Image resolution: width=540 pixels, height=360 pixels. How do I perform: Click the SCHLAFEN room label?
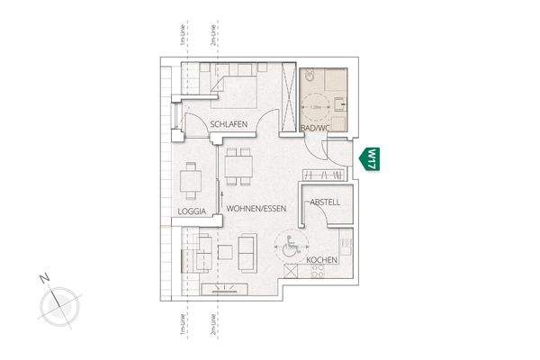(x=229, y=125)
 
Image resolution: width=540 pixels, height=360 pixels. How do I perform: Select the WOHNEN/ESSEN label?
(x=256, y=209)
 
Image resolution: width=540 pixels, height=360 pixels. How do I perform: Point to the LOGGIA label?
(x=193, y=212)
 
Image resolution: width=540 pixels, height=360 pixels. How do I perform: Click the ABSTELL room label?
(x=325, y=202)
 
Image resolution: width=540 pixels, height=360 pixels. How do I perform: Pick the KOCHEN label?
(x=321, y=260)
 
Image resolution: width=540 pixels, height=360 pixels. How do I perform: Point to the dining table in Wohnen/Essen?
(x=238, y=166)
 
